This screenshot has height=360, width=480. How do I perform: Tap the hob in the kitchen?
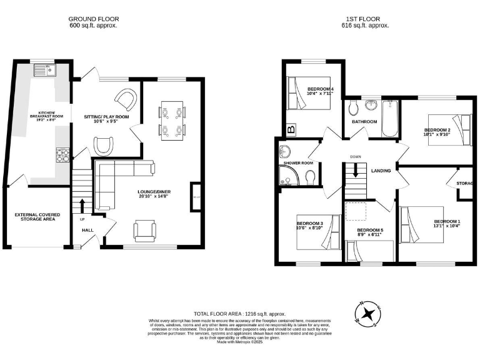click(64, 154)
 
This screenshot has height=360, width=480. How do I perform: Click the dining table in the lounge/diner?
click(171, 118)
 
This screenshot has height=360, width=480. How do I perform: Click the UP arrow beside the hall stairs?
click(82, 205)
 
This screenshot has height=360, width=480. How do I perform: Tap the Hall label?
click(88, 230)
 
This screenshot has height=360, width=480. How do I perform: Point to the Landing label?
click(381, 171)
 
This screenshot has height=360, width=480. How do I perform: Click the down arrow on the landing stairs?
click(354, 170)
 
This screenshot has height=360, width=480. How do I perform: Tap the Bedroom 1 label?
click(447, 222)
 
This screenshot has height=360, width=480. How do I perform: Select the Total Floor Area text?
click(239, 312)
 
